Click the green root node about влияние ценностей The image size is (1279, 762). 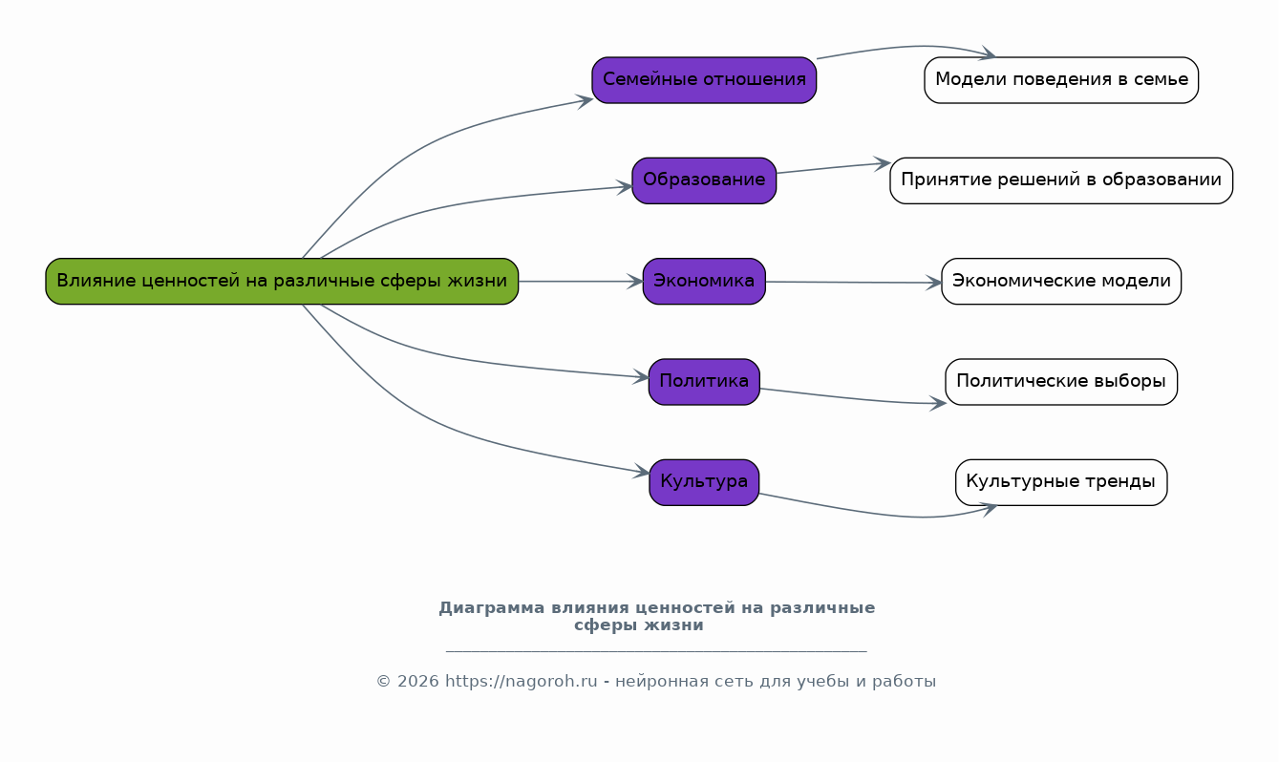click(x=282, y=281)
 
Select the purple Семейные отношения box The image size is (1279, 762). click(x=704, y=79)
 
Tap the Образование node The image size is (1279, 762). click(x=704, y=180)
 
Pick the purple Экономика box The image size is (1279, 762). click(x=704, y=281)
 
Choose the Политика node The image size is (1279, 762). click(x=704, y=381)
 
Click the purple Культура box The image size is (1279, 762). click(x=704, y=481)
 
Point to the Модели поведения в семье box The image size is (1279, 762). click(x=1061, y=79)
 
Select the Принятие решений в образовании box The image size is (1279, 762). click(x=1061, y=180)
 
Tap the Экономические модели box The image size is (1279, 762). click(x=1061, y=281)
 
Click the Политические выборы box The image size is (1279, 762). click(x=1061, y=381)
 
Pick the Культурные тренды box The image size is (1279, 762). click(x=1061, y=481)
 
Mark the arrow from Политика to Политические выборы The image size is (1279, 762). click(x=850, y=398)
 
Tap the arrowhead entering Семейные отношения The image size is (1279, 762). click(x=586, y=99)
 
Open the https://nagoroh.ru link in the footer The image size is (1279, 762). click(x=522, y=682)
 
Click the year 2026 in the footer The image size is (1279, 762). click(x=417, y=682)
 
